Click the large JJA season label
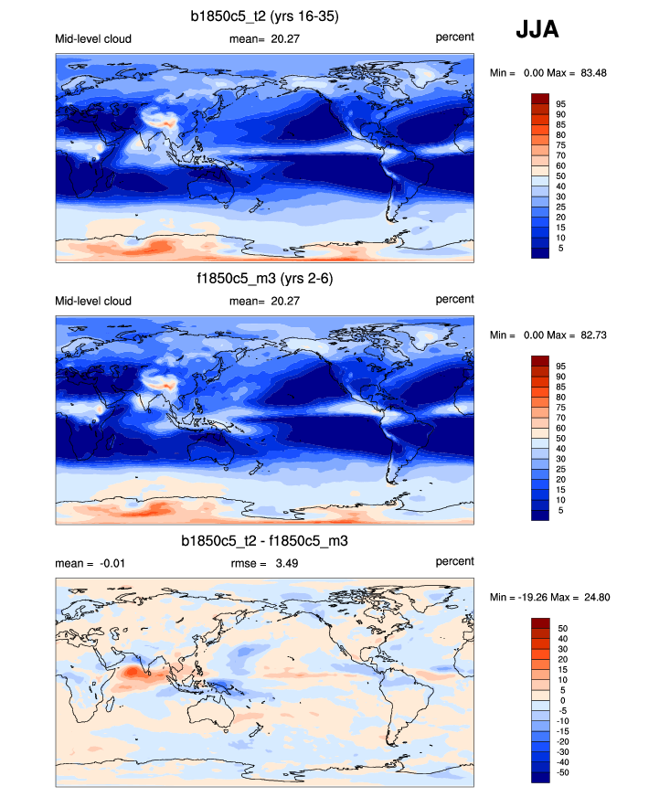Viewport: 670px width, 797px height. coord(537,30)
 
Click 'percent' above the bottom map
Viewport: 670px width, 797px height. coord(454,561)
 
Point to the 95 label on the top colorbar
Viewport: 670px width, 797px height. coord(560,104)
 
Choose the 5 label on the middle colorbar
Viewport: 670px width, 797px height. coord(560,511)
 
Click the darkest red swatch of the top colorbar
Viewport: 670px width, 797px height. coord(539,99)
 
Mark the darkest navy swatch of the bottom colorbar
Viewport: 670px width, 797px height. coord(539,777)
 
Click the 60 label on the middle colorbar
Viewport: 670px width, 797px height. coord(560,428)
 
